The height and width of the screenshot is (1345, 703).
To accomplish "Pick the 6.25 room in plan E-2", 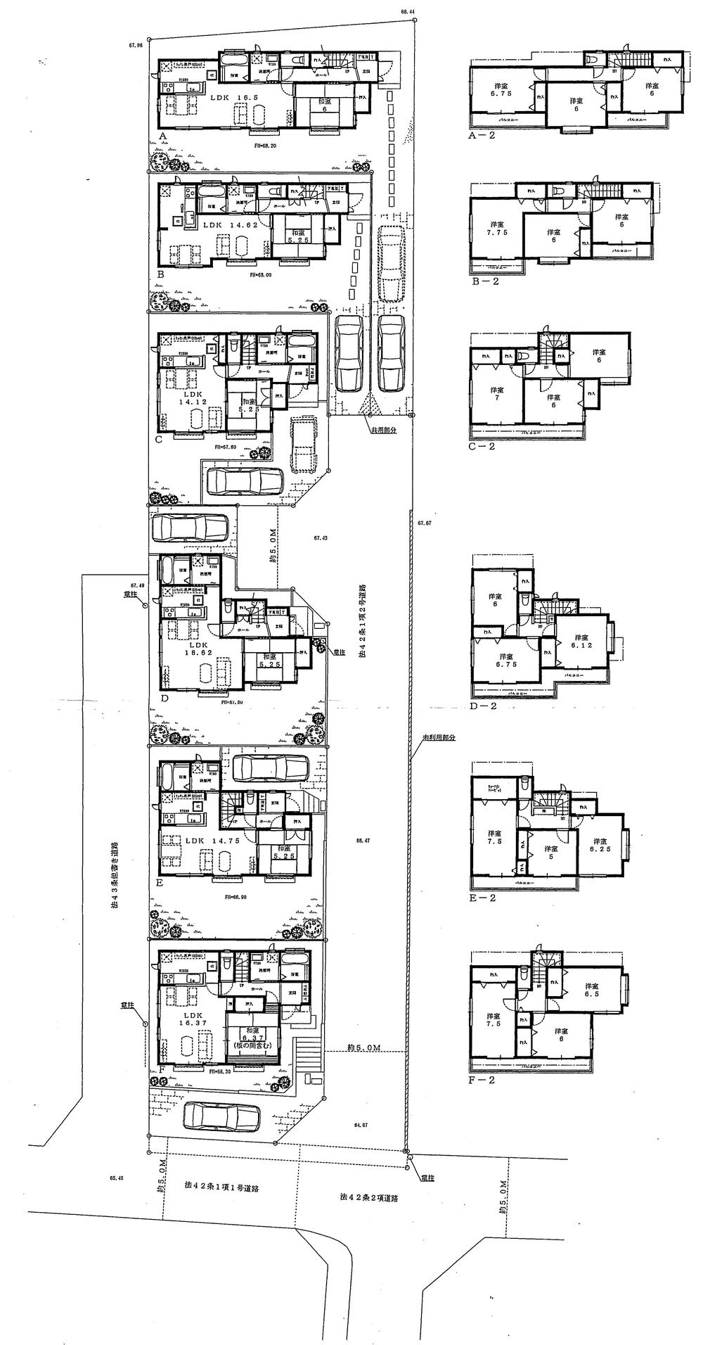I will [x=599, y=846].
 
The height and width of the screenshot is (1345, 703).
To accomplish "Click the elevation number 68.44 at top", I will [x=408, y=12].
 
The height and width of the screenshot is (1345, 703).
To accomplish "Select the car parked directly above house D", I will [x=190, y=527].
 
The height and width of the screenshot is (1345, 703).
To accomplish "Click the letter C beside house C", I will [x=159, y=440].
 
